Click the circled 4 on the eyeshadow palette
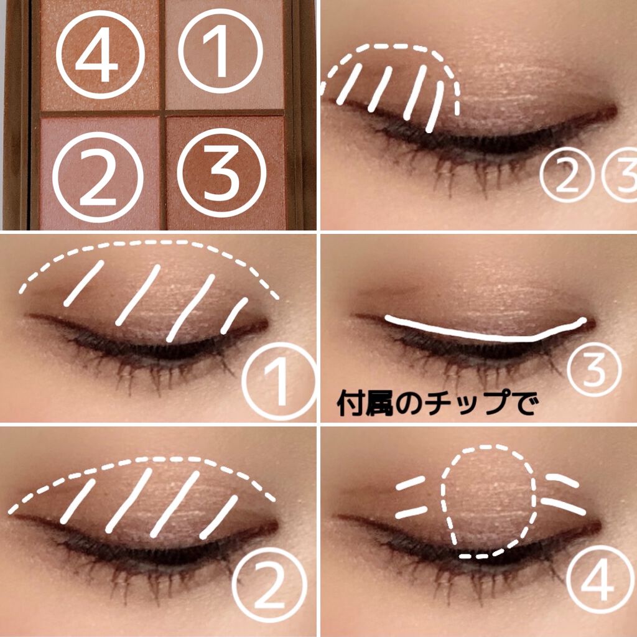100,55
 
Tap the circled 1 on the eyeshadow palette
221,51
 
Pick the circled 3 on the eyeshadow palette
222,173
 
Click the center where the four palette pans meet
162,113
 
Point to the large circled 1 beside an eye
279,381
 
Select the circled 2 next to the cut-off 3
567,175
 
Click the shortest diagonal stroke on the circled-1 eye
235,315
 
